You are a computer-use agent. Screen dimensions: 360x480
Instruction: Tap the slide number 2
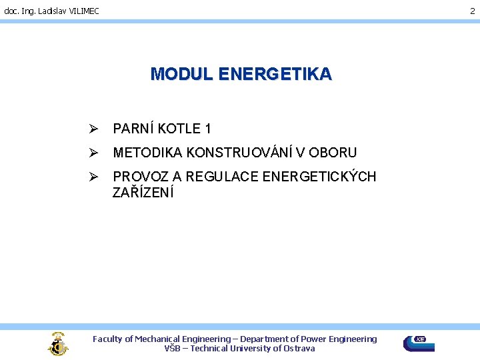pos(473,11)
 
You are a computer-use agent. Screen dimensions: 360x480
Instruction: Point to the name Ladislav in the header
pos(47,11)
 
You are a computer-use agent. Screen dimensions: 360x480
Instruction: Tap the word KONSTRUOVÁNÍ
pos(239,153)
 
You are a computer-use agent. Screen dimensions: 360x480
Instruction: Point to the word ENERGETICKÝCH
pos(319,177)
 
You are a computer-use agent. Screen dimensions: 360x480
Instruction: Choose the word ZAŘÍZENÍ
pos(143,193)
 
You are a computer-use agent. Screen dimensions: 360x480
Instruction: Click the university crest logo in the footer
pos(58,343)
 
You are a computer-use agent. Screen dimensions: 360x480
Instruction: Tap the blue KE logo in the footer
pos(419,343)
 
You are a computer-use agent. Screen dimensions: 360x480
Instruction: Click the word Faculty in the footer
pos(108,339)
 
